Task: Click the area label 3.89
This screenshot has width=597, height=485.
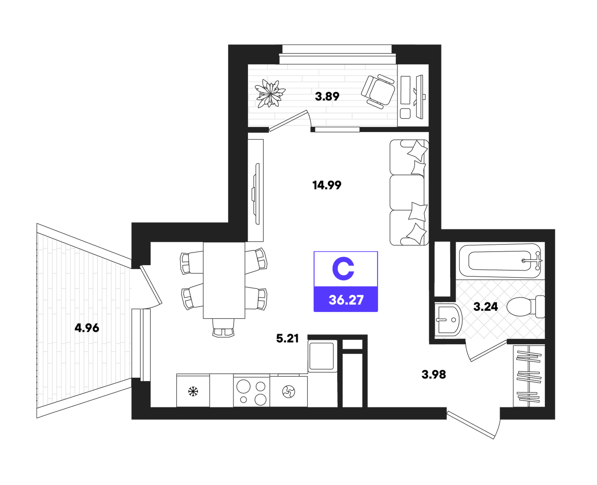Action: point(327,97)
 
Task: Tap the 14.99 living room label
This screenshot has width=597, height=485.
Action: point(327,185)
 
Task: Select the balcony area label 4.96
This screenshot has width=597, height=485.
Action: point(87,328)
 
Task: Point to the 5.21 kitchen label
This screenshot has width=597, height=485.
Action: point(287,339)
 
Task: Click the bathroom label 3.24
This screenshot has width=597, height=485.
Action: point(486,307)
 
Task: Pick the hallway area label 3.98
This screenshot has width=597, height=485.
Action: point(433,375)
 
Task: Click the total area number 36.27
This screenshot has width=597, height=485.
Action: point(346,300)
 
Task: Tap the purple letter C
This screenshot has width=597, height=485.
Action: point(343,269)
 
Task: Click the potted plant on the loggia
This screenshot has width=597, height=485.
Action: point(270,93)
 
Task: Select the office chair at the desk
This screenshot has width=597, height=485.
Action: point(378,91)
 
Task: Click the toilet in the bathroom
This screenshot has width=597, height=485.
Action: point(526,307)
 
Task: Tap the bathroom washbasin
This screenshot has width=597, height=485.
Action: point(448,319)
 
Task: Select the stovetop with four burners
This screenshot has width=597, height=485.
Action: point(251,391)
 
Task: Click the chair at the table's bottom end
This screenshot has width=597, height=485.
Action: point(223,328)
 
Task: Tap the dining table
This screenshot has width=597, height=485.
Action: point(224,280)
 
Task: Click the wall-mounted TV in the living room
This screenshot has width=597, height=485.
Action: point(256,194)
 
